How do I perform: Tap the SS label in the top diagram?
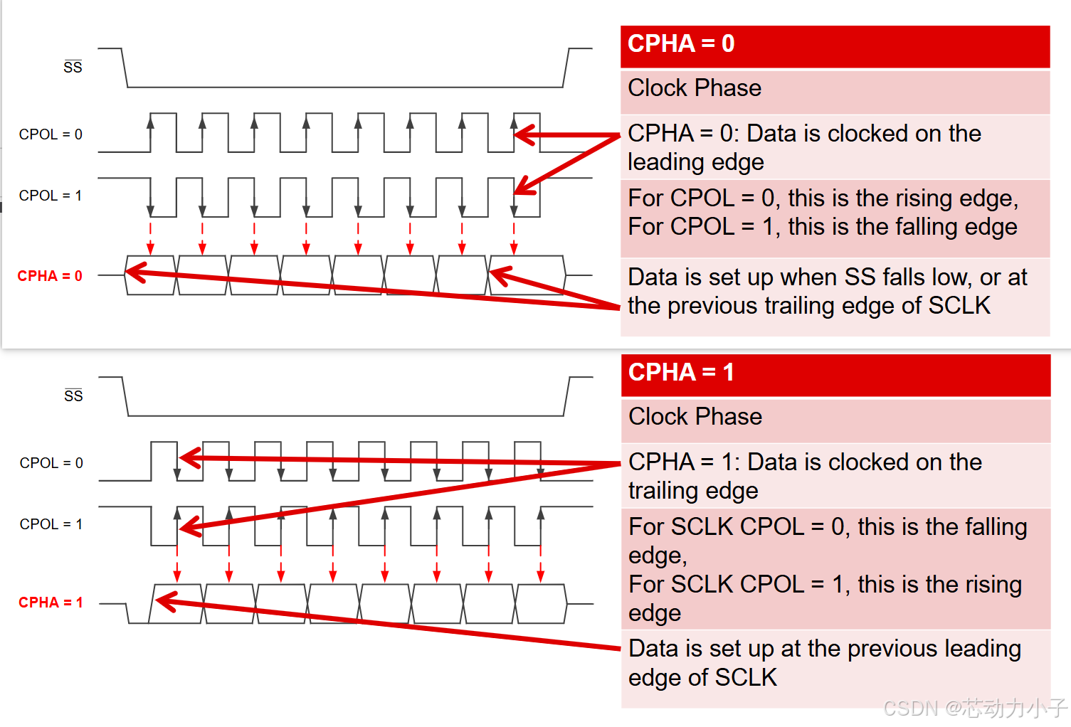click(x=73, y=68)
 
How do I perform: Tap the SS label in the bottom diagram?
click(x=73, y=396)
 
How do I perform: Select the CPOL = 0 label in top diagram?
click(x=51, y=134)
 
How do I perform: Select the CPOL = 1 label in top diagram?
click(x=51, y=196)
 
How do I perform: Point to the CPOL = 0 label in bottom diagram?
click(x=51, y=463)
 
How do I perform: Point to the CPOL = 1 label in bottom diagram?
click(x=51, y=524)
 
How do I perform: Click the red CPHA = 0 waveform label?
click(x=50, y=276)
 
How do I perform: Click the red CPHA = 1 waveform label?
click(x=51, y=603)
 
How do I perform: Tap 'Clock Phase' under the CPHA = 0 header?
click(x=695, y=88)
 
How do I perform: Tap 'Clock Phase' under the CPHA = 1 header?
click(x=695, y=417)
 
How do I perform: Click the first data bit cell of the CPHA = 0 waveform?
click(x=150, y=275)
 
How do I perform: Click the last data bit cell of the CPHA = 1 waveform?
click(x=541, y=604)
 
